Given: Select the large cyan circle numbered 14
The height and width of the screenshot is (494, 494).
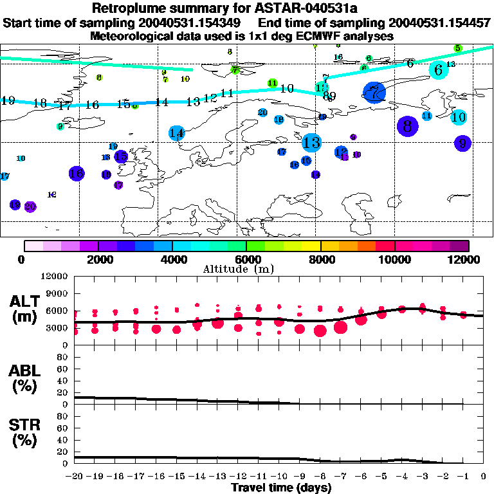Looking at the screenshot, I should [177, 133].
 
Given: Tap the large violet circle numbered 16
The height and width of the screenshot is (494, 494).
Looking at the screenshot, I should [76, 173].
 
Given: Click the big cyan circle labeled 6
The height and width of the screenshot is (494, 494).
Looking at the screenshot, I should [439, 70].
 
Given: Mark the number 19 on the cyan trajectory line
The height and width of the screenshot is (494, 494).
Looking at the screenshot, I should [8, 101].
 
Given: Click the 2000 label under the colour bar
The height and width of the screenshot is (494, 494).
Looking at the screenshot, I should [96, 259].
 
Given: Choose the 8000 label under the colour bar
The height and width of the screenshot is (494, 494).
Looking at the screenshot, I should [320, 259].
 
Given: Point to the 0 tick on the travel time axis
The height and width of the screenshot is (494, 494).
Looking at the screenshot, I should [484, 477].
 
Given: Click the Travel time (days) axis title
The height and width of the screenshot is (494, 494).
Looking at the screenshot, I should [281, 488].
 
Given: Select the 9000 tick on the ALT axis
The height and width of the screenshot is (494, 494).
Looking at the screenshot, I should [59, 293].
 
